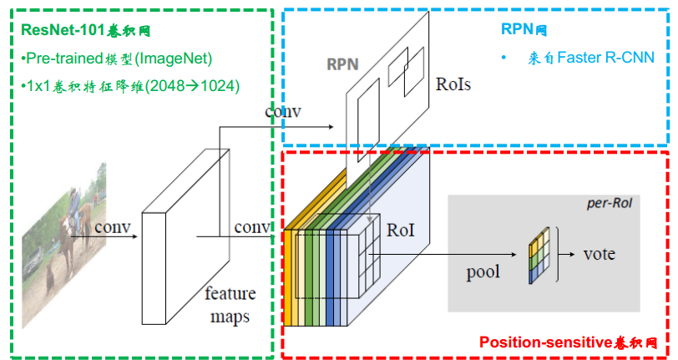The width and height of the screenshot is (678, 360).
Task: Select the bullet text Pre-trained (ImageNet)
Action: coord(118,58)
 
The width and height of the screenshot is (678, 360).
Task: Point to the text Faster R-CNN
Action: coord(605,58)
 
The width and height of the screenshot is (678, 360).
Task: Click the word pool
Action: coord(483,271)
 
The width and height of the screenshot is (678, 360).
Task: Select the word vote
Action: coord(599,253)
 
